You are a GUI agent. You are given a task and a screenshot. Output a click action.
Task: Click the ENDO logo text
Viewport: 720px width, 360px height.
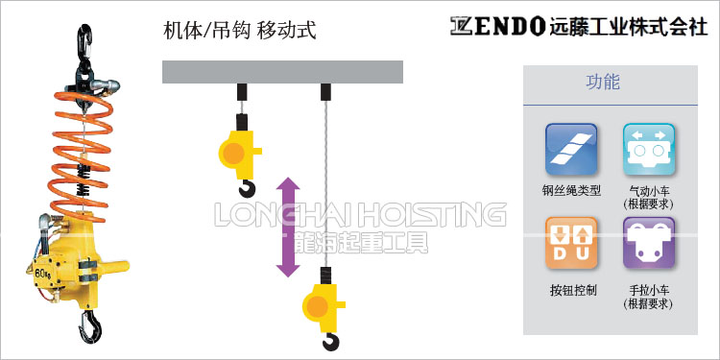click(x=499, y=26)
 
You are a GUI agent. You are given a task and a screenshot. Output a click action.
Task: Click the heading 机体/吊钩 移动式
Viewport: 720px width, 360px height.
click(x=240, y=31)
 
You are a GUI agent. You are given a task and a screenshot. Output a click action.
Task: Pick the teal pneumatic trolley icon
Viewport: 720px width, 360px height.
click(x=648, y=147)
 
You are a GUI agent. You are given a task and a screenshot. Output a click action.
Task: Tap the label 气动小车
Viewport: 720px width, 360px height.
click(x=648, y=190)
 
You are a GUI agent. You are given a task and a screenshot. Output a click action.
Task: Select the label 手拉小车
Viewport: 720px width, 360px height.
click(x=648, y=290)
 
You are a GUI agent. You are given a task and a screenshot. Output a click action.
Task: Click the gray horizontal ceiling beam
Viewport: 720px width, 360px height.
click(x=282, y=72)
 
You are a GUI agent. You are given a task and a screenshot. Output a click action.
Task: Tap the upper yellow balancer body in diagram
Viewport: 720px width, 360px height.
click(x=239, y=150)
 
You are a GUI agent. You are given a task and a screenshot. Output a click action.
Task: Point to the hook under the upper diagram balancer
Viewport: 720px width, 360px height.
click(x=249, y=185)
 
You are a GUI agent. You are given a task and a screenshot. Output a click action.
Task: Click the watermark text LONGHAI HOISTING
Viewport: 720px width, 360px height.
click(x=361, y=213)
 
